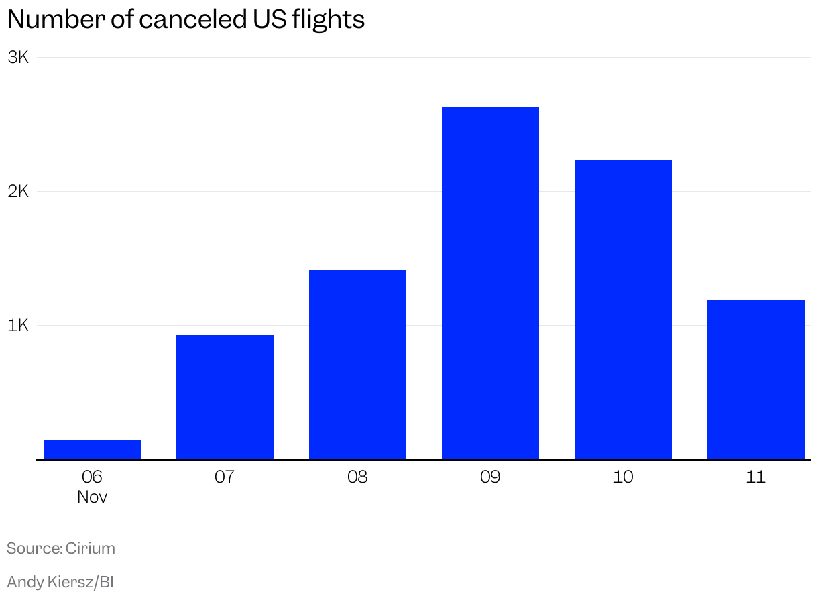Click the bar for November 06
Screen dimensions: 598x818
92,450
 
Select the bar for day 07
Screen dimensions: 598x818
225,398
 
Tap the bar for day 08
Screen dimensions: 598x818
357,365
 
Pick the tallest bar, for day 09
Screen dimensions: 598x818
490,284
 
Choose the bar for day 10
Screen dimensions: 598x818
623,310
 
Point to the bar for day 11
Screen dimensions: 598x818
756,380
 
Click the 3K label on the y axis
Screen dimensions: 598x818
19,58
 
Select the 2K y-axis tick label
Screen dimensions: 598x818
19,192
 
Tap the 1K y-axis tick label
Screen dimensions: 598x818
19,326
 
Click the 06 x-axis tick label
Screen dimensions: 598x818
92,477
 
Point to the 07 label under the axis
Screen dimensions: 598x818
225,477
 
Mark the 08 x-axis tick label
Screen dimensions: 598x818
357,477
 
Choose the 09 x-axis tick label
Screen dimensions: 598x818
490,477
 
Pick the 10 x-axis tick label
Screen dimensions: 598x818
623,477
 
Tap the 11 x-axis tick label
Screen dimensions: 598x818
756,477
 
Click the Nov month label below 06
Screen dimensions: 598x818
92,497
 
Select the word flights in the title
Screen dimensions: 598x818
329,20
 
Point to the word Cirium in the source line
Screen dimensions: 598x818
91,548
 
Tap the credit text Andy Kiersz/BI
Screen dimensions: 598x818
60,582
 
